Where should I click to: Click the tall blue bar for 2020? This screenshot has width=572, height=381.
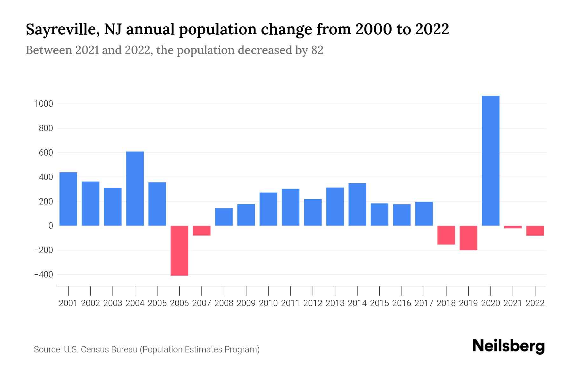[x=490, y=161]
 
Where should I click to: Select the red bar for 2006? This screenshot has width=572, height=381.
[x=179, y=251]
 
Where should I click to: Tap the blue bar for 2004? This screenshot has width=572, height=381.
[x=135, y=189]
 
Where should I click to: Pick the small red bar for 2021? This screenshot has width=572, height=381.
[x=513, y=227]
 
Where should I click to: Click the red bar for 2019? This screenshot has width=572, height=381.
[x=468, y=238]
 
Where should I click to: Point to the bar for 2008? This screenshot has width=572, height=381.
[x=224, y=217]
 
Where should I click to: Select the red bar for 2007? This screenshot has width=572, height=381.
[x=201, y=231]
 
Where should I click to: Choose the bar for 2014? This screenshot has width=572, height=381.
[x=357, y=204]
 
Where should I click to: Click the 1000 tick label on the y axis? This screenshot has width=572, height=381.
[x=44, y=104]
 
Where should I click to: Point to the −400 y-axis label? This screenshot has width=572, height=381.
[x=44, y=275]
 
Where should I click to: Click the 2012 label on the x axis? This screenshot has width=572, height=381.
[x=313, y=303]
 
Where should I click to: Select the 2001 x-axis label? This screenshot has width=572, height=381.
[x=68, y=303]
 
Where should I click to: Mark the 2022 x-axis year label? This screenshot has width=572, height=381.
[x=535, y=303]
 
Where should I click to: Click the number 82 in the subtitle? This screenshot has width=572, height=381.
[x=317, y=50]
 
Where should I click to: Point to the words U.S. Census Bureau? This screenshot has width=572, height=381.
[x=101, y=350]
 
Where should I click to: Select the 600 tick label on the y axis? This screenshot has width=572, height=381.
[x=45, y=153]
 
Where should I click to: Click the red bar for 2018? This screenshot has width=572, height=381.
[x=446, y=235]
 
